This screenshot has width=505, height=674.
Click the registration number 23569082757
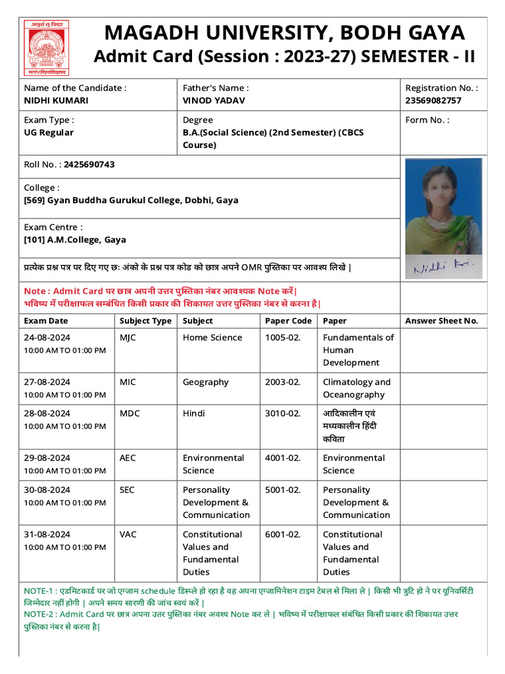[433, 101]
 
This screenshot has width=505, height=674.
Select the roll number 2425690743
[89, 165]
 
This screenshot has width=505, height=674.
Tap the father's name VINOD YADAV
[214, 101]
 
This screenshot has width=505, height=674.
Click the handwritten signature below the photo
[446, 268]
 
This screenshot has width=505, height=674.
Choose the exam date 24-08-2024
[47, 338]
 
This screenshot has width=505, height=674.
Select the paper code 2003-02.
[282, 382]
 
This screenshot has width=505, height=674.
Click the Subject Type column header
[145, 321]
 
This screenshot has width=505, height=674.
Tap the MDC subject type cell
[130, 414]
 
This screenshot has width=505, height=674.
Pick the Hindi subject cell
[194, 414]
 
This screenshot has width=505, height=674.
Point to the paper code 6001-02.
[282, 534]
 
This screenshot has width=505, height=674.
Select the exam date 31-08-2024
[47, 534]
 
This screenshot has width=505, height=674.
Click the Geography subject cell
[206, 382]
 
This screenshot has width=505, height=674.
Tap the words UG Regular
[49, 133]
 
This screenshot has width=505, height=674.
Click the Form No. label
[427, 120]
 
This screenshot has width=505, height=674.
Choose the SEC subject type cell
[127, 490]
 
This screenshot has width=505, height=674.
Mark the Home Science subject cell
[212, 338]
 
